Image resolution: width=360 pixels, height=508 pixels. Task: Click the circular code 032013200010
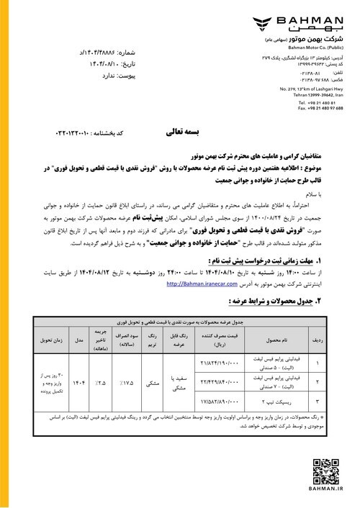60,135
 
